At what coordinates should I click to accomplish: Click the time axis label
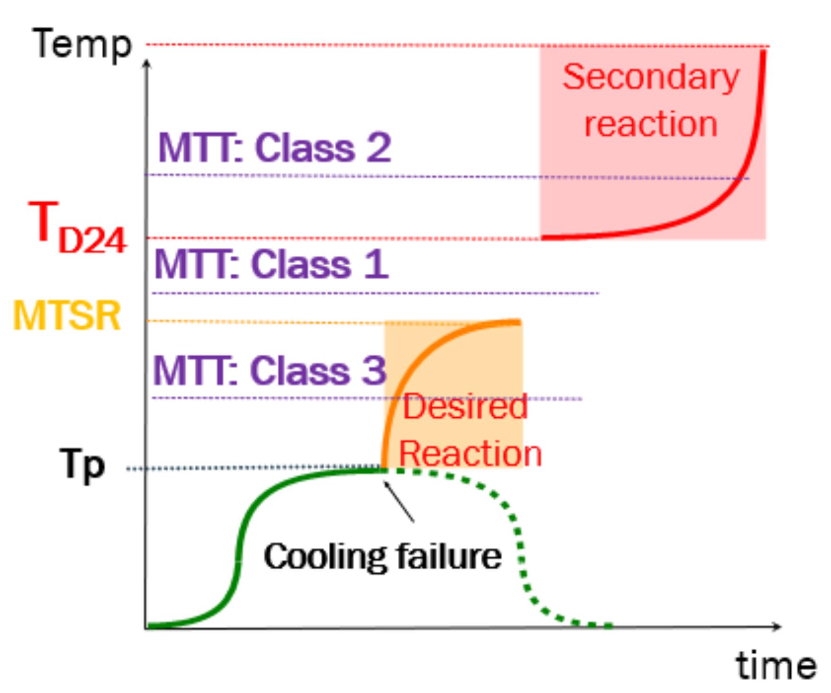pos(776,666)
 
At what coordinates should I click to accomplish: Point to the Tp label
pos(82,465)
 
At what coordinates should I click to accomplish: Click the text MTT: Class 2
pos(274,148)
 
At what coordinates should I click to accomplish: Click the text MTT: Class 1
pos(271,264)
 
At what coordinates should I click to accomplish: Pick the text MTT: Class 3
pos(270,370)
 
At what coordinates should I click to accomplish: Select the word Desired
pos(465,406)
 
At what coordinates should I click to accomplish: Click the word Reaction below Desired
pos(470,453)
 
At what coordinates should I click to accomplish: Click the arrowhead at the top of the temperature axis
pos(147,63)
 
